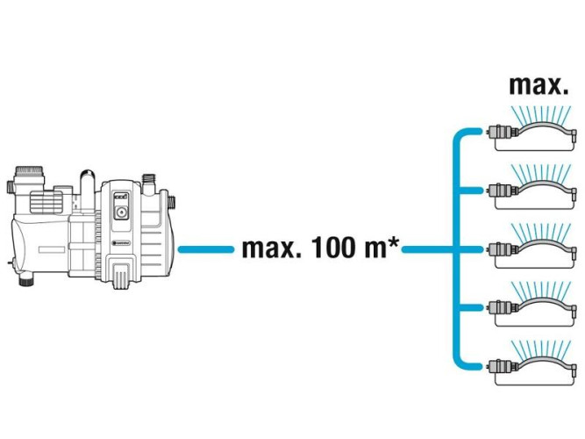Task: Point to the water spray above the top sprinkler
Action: coord(543,112)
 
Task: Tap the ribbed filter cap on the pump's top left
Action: coord(28,169)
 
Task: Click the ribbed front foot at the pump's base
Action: coord(121,275)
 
